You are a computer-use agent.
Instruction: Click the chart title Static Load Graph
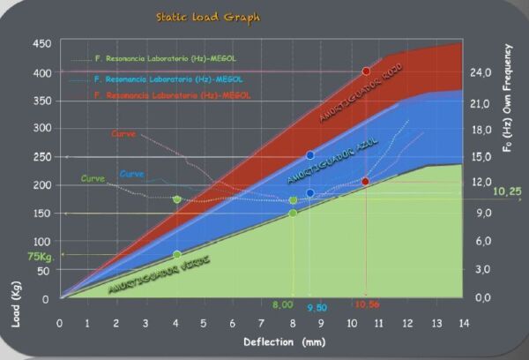208,17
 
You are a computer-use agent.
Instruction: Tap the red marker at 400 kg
366,71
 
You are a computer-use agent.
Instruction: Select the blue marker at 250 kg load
309,155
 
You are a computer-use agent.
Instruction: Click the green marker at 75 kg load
177,255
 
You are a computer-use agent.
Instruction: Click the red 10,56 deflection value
367,304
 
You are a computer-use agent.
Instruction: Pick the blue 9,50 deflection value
318,308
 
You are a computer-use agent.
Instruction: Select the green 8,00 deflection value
282,304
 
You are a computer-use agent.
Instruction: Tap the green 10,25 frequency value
508,191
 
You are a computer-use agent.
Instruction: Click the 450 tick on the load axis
41,43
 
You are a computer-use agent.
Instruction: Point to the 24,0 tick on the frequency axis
482,71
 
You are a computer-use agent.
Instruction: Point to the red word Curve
123,134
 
